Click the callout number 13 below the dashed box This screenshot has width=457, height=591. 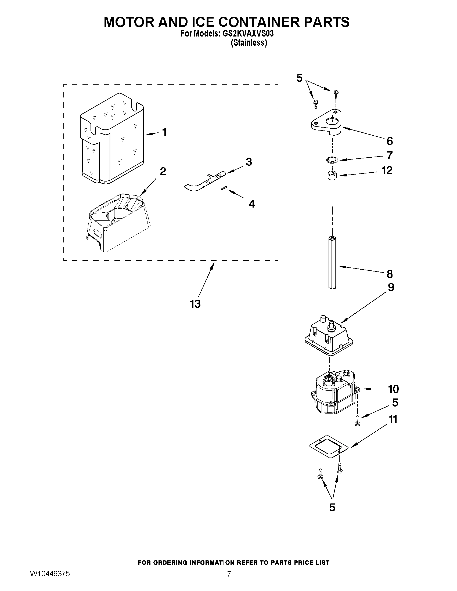(195, 304)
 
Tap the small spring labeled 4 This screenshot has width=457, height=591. (224, 188)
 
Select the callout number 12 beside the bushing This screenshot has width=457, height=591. (387, 170)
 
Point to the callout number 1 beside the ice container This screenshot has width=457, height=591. (164, 132)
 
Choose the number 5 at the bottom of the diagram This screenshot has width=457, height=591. (332, 507)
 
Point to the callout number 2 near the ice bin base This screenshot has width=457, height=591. (163, 171)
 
